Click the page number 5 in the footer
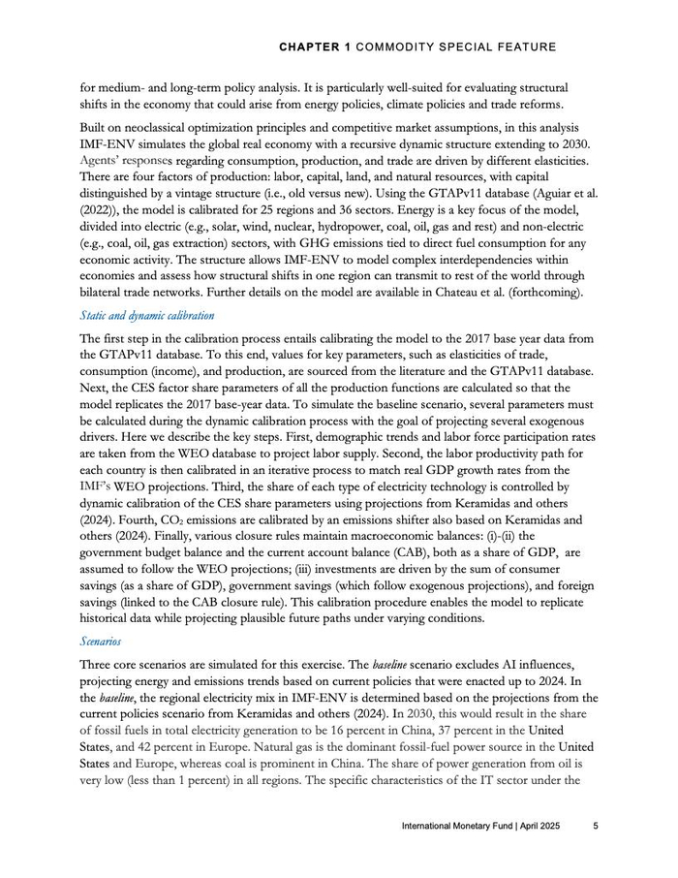pyautogui.click(x=596, y=827)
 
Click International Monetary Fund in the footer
pyautogui.click(x=460, y=827)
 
